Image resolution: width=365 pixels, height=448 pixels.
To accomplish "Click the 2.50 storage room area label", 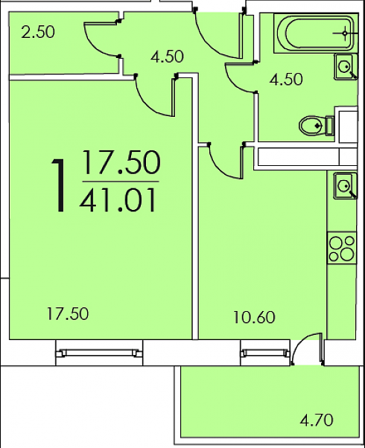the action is (x=38, y=32).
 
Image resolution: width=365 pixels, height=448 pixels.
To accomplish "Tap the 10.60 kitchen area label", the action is (x=254, y=317).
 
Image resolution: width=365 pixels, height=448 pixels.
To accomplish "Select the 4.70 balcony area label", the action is (x=317, y=420).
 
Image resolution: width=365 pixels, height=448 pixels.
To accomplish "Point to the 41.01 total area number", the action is (x=118, y=199).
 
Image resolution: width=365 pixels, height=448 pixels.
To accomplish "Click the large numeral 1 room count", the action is (x=59, y=185).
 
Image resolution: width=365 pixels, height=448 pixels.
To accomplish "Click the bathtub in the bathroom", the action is (x=316, y=33).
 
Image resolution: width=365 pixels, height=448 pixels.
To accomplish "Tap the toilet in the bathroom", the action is (x=317, y=126).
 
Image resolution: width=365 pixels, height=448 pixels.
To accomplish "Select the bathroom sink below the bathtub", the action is (x=346, y=67).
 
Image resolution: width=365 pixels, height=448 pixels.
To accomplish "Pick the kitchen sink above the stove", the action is (x=346, y=186).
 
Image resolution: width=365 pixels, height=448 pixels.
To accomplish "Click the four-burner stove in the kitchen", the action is (x=342, y=248).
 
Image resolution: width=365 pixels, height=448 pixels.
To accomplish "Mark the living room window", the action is (x=99, y=353).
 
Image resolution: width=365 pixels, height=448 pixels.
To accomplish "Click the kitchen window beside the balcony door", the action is (x=265, y=353).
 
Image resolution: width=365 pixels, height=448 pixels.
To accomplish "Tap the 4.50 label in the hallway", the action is (x=168, y=57).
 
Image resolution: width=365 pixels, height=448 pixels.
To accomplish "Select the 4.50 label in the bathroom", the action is (x=286, y=80).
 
